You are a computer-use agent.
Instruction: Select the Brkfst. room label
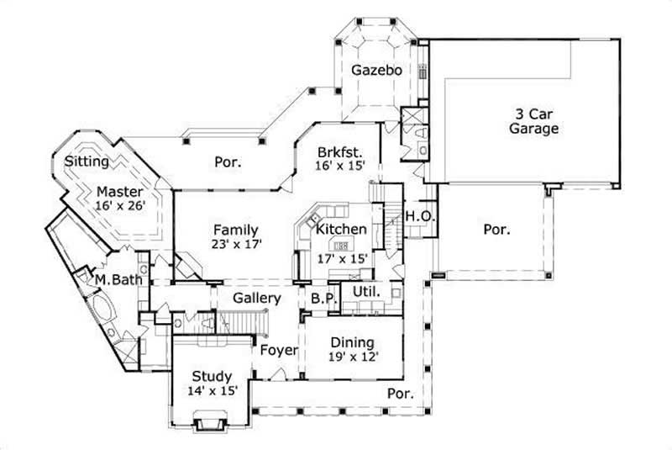pos(339,152)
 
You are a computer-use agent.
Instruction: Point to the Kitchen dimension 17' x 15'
pos(343,260)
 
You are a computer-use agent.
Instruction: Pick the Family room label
pos(235,230)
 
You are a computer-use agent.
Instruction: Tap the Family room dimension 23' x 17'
pos(238,245)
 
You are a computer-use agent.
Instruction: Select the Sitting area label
pos(87,161)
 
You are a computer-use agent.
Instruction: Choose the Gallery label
pos(256,299)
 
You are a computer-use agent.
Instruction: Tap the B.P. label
pos(323,299)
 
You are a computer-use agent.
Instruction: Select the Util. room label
pos(366,292)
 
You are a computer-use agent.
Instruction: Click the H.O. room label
pos(420,216)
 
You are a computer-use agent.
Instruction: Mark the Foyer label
pos(278,350)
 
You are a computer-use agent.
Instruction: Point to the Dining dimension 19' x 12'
pos(353,357)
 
